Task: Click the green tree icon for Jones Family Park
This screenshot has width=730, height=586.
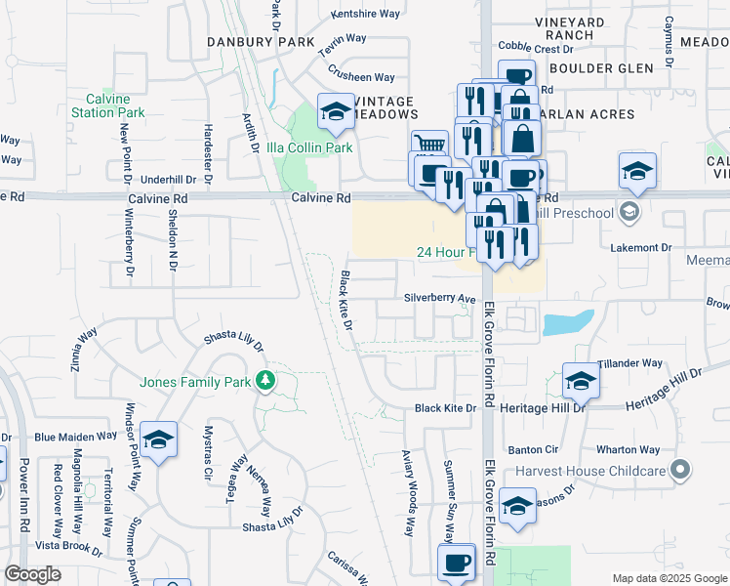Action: pyautogui.click(x=264, y=381)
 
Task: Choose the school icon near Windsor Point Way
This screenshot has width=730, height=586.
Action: pyautogui.click(x=158, y=440)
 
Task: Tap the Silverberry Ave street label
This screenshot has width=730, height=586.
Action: pyautogui.click(x=440, y=299)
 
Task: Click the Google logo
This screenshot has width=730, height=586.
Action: pyautogui.click(x=32, y=574)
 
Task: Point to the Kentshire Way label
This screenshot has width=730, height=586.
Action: pyautogui.click(x=366, y=14)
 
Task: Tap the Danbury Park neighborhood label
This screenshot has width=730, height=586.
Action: pyautogui.click(x=261, y=42)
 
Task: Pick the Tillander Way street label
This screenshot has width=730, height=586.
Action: pyautogui.click(x=630, y=363)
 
